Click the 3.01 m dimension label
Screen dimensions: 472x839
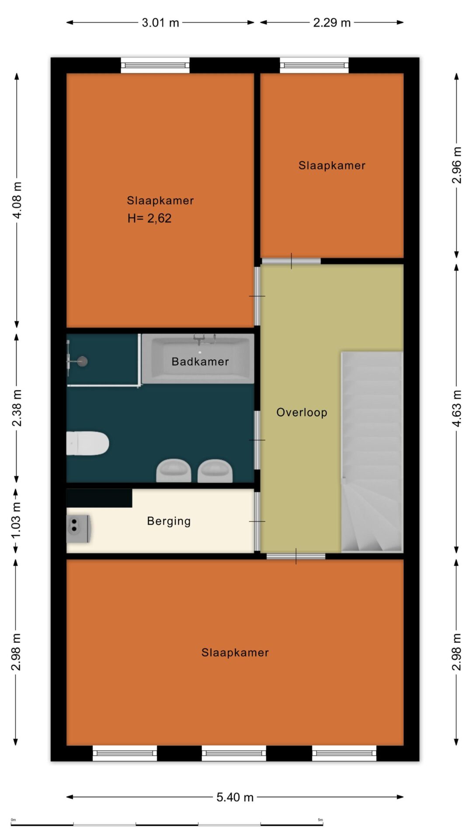160,23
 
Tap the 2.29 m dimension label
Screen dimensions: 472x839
332,23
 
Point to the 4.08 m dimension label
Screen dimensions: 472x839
17,200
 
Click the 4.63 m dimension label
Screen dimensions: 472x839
456,409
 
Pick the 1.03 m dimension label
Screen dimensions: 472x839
16,521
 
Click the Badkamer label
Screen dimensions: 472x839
200,362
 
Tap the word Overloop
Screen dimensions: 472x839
302,413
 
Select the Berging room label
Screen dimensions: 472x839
169,521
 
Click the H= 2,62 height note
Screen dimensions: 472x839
149,218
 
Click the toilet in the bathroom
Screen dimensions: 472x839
87,444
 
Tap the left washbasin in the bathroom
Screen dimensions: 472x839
174,470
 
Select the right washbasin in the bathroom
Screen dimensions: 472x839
215,470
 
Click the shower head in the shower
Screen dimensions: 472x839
82,361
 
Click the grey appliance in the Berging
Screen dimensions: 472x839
79,528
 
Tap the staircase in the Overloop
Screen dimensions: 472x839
372,452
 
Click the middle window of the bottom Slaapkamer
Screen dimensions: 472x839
234,753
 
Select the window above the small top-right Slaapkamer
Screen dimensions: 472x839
314,65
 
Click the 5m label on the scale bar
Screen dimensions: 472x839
320,820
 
